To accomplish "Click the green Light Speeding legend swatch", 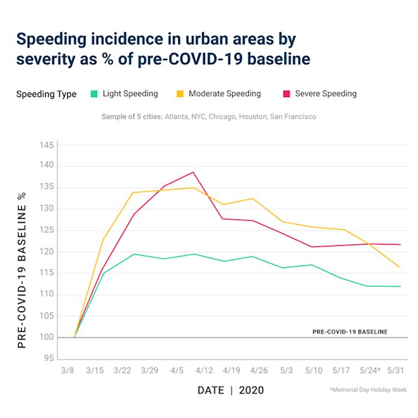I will (94, 94).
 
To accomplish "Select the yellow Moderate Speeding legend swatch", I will (180, 94).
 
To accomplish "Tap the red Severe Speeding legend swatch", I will (287, 94).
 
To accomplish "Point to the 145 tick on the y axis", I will (47, 146).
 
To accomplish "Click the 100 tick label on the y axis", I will (47, 338).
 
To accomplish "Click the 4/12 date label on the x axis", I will (204, 369).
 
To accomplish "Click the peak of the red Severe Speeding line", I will (193, 172).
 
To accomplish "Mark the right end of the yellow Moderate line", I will (399, 267).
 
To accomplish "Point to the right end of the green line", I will (399, 286).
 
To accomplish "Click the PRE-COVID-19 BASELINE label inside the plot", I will (350, 332).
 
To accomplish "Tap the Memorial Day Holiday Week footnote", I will (368, 390).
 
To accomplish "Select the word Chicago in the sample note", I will (228, 116).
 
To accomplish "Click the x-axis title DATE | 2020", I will (231, 390).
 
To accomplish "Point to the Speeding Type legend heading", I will (46, 94).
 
